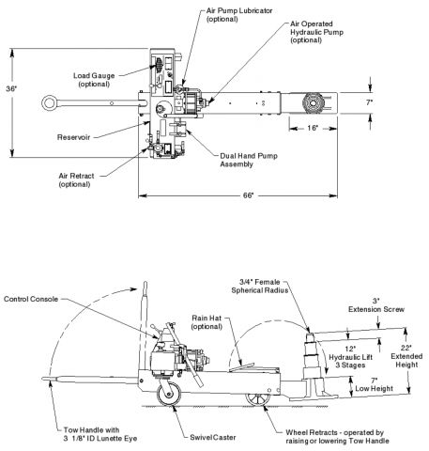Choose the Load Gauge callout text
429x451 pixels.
pos(90,81)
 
